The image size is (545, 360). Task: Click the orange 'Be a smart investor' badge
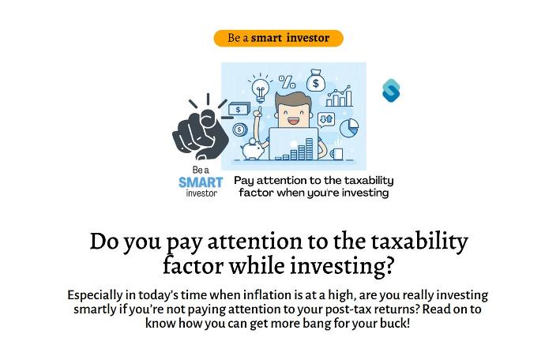tap(278, 38)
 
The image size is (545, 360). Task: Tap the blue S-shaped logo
tap(391, 91)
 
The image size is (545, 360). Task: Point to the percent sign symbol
tap(288, 82)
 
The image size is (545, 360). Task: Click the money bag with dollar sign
tap(316, 81)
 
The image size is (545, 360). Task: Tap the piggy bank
tap(254, 149)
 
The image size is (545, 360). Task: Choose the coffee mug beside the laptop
tap(336, 153)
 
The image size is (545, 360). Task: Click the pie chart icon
tap(348, 128)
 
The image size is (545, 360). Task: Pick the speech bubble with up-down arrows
tap(326, 120)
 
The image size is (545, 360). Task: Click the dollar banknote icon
tap(239, 109)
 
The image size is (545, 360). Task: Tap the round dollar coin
tap(239, 130)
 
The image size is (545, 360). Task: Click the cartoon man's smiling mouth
tap(293, 122)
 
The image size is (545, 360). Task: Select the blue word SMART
tap(201, 182)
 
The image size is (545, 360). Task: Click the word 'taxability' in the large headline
tap(419, 241)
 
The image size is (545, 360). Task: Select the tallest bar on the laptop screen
tap(309, 148)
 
